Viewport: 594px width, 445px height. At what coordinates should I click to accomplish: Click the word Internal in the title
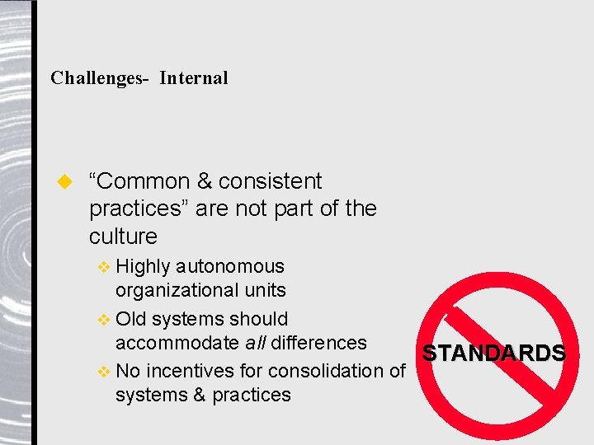coord(194,78)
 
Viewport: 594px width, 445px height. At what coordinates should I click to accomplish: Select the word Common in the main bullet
coord(143,181)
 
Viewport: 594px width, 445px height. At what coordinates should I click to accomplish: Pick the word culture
coord(123,237)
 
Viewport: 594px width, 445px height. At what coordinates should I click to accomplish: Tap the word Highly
coord(144,266)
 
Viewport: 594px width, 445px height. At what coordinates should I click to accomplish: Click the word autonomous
coord(230,266)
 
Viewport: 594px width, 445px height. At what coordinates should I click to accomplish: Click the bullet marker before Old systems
coord(103,319)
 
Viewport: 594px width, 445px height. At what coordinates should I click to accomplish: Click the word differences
coord(319,342)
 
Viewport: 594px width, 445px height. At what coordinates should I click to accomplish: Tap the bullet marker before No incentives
coord(103,372)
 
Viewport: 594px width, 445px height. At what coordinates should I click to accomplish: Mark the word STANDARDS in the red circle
coord(494,354)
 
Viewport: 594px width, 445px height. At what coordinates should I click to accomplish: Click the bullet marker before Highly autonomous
coord(103,267)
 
